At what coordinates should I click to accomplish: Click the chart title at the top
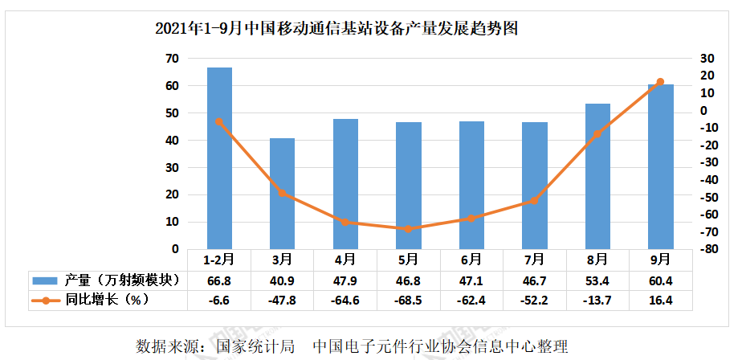[x=336, y=29]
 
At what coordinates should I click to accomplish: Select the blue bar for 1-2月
[x=219, y=158]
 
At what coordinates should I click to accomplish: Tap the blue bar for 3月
[x=282, y=194]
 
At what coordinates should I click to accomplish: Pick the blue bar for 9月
[x=660, y=166]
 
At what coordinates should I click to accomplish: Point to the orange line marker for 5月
[x=408, y=229]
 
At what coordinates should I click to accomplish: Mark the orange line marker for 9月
[x=660, y=82]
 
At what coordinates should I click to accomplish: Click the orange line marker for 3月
[x=282, y=193]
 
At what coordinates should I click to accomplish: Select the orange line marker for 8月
[x=597, y=134]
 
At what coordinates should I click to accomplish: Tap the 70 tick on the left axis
[x=171, y=59]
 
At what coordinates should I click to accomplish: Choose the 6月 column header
[x=471, y=260]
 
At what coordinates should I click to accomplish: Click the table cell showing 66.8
[x=219, y=280]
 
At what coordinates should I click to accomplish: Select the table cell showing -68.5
[x=408, y=301]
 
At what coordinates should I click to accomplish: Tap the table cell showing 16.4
[x=660, y=301]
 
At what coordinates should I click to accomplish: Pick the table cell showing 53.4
[x=597, y=280]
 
